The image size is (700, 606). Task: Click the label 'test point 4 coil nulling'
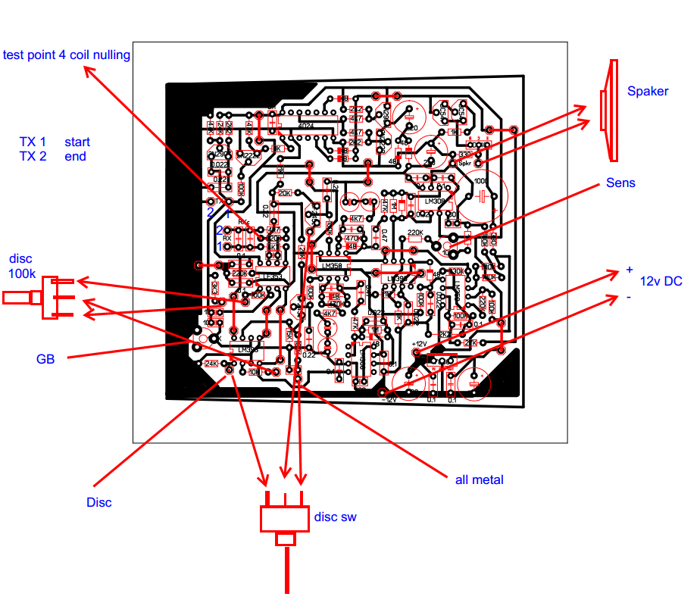(x=67, y=55)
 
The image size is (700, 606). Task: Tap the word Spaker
(x=648, y=91)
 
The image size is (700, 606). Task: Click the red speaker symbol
(x=608, y=111)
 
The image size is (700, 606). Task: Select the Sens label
(x=620, y=183)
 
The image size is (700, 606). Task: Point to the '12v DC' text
(x=661, y=281)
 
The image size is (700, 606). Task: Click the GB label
(x=45, y=358)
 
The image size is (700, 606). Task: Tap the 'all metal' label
(x=479, y=479)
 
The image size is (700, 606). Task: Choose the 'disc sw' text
(x=335, y=517)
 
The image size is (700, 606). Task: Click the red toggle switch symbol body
(x=286, y=519)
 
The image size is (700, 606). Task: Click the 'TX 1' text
(x=33, y=142)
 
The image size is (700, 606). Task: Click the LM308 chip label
(x=435, y=201)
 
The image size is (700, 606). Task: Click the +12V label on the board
(x=420, y=343)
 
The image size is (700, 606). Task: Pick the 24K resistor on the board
(x=211, y=364)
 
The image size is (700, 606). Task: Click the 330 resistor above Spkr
(x=464, y=155)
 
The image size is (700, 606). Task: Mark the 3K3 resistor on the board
(x=215, y=289)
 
